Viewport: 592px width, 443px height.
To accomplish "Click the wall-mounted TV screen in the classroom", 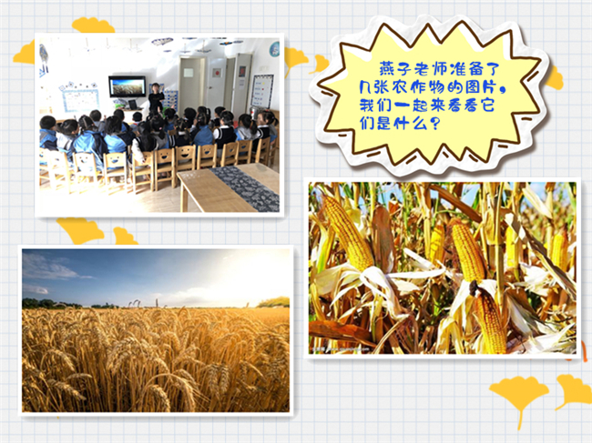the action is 128,86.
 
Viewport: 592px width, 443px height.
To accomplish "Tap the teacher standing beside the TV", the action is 156,98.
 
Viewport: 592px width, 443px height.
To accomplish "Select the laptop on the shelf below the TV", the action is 132,104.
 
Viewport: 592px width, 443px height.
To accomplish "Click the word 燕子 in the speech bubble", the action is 395,69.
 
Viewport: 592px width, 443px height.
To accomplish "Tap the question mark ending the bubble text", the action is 435,123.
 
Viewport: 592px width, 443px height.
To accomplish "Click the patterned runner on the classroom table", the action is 245,188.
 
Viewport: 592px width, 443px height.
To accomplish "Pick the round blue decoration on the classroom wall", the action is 274,49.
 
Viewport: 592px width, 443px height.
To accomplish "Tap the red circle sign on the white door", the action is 217,72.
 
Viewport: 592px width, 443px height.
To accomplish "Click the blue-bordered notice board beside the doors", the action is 262,91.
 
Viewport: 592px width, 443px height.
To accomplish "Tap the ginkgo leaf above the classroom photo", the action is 93,25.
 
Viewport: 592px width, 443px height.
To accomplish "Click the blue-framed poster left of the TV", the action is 81,99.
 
